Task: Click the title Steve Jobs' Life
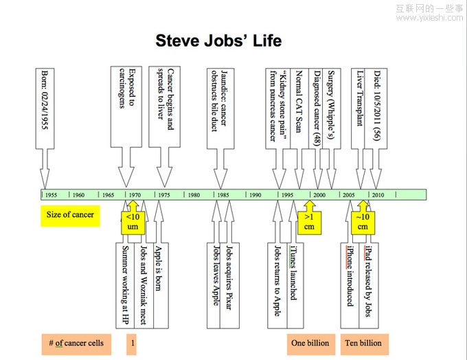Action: point(218,41)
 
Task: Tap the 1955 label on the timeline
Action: point(52,195)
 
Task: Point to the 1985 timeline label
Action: point(224,195)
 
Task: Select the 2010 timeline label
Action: point(378,195)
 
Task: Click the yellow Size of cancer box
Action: point(70,215)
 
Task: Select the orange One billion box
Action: point(310,343)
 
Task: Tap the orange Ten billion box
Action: point(363,343)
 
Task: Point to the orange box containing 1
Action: point(132,343)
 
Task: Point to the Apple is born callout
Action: point(159,278)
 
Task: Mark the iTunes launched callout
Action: point(294,278)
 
